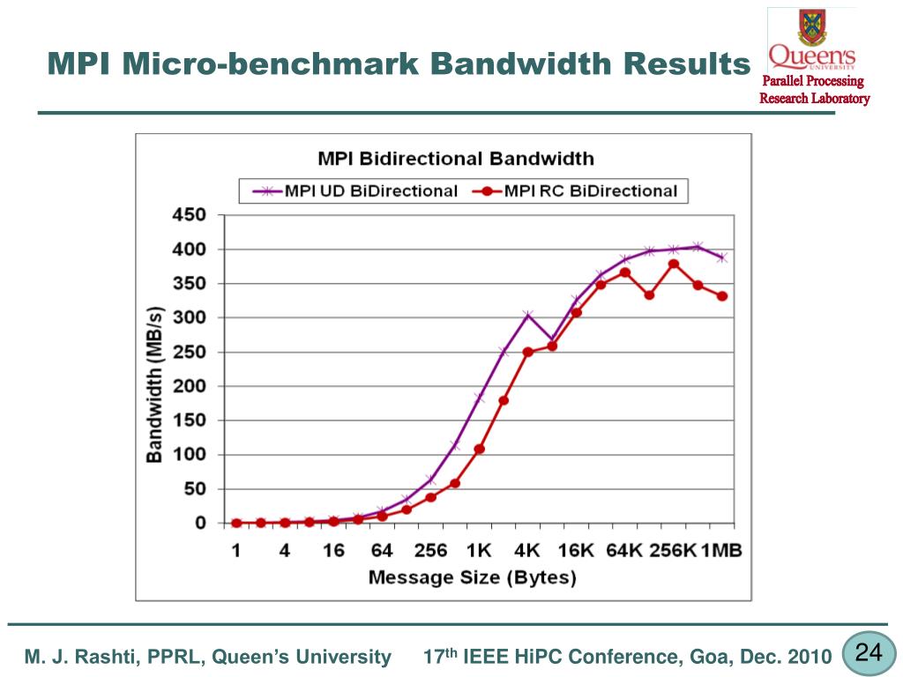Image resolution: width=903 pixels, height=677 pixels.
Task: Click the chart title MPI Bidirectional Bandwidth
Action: coord(455,159)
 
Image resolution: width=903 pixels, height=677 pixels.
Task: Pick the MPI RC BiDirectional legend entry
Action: coord(577,190)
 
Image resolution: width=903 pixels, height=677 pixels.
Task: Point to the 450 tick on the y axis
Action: coord(188,215)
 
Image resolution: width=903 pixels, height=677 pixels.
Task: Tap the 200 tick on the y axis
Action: coord(188,386)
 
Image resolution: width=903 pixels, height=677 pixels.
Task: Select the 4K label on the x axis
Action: coord(527,551)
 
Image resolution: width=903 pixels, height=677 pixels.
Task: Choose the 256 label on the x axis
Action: coord(430,551)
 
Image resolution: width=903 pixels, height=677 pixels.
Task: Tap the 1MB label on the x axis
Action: coord(721,551)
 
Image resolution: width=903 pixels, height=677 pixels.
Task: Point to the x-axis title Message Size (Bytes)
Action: coord(472,578)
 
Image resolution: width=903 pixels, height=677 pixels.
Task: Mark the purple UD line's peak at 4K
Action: coord(527,315)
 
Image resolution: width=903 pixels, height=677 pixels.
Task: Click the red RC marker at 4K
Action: coord(527,352)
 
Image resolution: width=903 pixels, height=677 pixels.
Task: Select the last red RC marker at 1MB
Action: coord(722,296)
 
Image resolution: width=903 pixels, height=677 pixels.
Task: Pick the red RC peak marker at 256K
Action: coord(674,264)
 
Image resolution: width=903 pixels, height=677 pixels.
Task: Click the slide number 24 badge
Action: coord(869,653)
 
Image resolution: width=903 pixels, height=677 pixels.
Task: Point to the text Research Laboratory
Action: coord(814,98)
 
